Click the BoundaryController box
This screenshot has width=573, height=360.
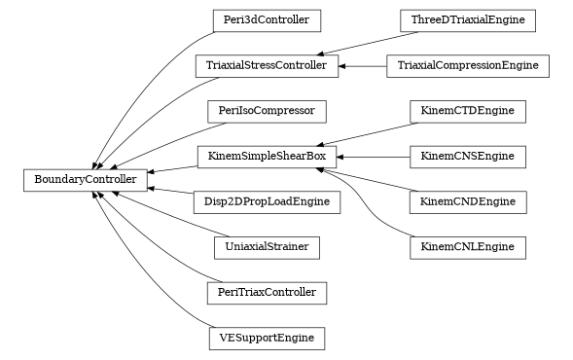coord(86,179)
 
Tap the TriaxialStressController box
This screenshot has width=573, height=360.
coord(267,66)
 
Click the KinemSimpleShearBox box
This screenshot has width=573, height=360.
coord(267,156)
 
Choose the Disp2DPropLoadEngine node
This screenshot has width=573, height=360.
coord(267,202)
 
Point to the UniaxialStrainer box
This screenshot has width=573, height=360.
coord(267,247)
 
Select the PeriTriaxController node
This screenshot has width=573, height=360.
coord(267,292)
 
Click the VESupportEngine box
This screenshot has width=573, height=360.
coord(267,339)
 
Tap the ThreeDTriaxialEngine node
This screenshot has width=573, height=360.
coord(468,19)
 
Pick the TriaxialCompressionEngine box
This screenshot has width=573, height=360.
coord(468,66)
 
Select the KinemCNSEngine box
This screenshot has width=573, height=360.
coord(468,156)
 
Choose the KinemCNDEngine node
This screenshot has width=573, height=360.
coord(468,202)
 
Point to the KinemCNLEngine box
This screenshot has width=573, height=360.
coord(468,247)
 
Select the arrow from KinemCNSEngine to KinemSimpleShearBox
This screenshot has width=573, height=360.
coord(374,156)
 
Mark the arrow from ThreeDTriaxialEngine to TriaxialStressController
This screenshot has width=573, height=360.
coord(360,43)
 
